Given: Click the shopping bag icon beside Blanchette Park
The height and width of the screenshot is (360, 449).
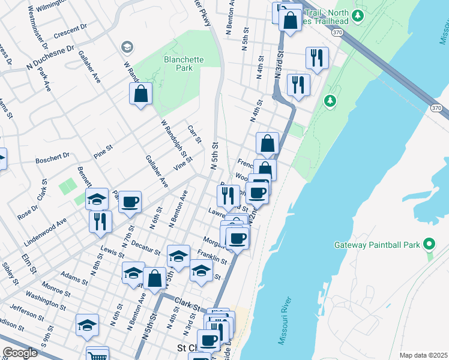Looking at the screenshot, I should click(x=140, y=94).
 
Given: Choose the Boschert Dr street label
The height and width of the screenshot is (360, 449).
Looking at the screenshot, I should click(x=52, y=159).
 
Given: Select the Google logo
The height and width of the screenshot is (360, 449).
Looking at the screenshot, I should click(x=20, y=353).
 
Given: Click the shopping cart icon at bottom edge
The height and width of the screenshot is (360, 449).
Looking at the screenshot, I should click(x=97, y=356).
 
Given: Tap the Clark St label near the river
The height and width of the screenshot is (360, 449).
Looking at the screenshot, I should click(x=188, y=307).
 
